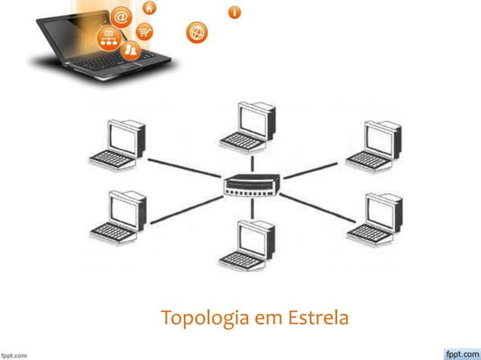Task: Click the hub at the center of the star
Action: (252, 184)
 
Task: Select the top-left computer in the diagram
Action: (119, 143)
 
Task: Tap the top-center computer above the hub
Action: (248, 125)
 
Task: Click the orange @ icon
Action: (120, 16)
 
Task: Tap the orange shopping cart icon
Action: (144, 32)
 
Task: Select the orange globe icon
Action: (197, 32)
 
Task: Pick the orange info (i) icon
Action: (235, 12)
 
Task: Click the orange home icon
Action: (149, 8)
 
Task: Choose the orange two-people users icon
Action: (131, 50)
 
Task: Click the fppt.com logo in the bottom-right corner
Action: (459, 351)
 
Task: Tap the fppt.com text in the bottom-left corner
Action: (14, 352)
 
